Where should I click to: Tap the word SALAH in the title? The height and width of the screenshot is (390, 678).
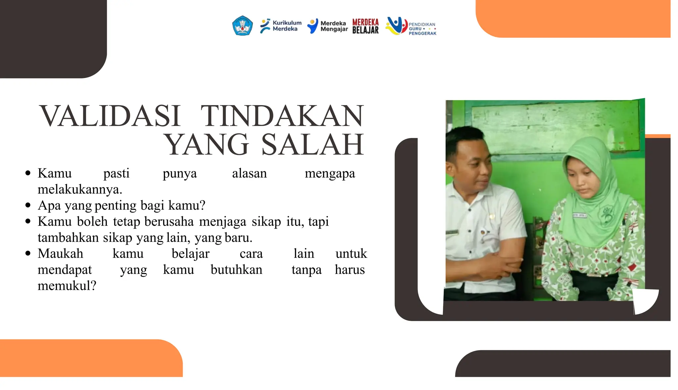click(313, 145)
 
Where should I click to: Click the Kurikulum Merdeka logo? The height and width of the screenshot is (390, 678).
click(280, 26)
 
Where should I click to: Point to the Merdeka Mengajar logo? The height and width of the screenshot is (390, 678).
click(327, 26)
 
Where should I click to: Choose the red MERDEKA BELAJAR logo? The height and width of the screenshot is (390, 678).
click(365, 26)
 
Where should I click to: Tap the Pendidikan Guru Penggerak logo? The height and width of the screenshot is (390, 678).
click(411, 26)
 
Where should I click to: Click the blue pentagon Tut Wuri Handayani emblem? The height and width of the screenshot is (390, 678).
click(242, 26)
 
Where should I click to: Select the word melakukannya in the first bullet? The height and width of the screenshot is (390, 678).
click(80, 189)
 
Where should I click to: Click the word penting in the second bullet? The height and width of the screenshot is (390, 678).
click(115, 205)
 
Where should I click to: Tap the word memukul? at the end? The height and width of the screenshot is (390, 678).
click(67, 285)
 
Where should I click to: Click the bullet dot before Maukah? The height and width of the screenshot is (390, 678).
click(28, 253)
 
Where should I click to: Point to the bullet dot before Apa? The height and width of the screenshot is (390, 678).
click(28, 205)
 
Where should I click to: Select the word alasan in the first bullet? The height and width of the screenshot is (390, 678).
click(249, 173)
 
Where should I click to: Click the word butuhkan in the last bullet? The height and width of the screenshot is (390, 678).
click(236, 270)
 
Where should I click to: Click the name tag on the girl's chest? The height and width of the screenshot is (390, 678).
click(579, 215)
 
